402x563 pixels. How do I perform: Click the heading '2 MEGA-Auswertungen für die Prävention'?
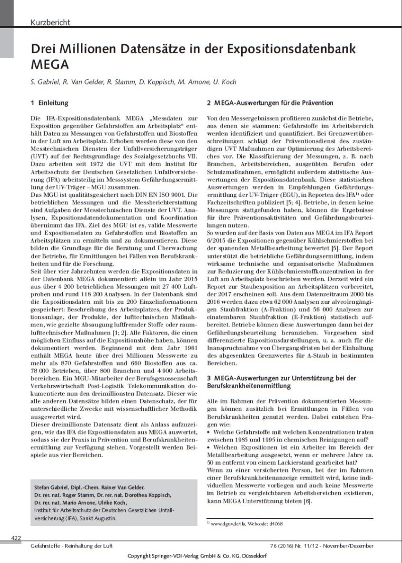point(270,103)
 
